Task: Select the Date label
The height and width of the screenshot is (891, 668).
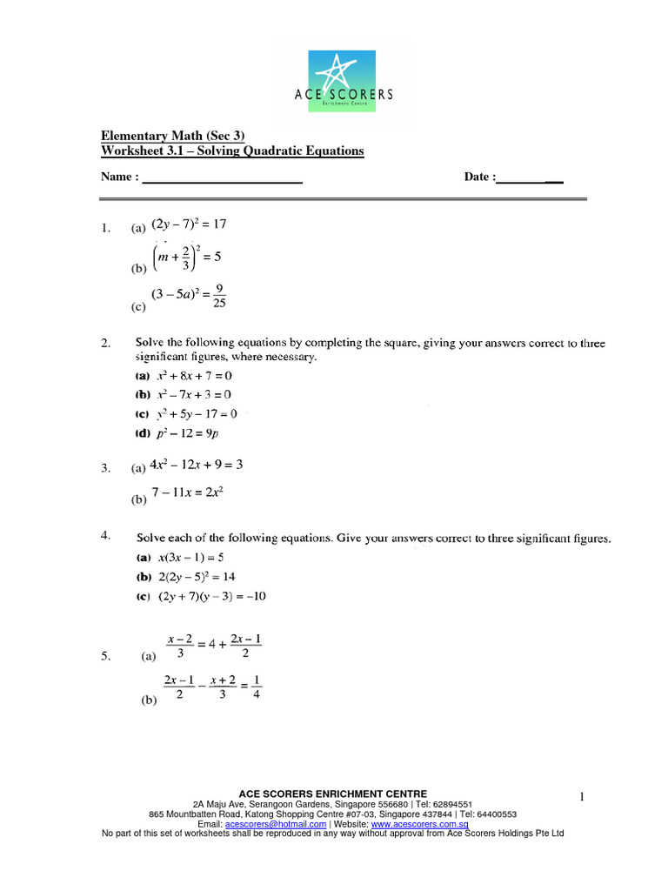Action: (x=479, y=178)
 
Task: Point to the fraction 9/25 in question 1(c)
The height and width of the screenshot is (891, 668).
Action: (x=219, y=298)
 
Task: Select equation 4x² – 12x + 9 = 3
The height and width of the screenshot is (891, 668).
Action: (x=197, y=466)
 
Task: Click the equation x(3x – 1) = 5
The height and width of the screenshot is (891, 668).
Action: (x=190, y=557)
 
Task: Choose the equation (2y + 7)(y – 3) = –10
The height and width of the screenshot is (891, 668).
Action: (x=216, y=597)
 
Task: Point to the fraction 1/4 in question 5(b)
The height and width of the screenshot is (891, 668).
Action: (x=258, y=687)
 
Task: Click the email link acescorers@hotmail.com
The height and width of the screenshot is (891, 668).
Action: (x=276, y=824)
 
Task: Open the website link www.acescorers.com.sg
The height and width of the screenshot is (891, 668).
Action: (x=420, y=824)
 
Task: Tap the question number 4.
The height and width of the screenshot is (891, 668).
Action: (x=104, y=537)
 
